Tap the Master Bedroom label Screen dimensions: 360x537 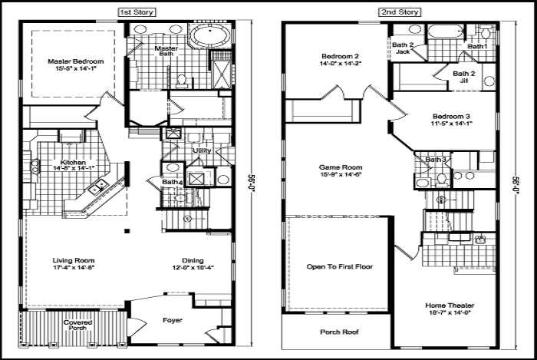coord(75,61)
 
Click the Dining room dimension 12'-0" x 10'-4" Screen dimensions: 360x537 coord(193,267)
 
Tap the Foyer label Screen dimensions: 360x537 coord(173,319)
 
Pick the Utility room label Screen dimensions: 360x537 coord(202,150)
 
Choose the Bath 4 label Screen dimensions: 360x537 coord(173,182)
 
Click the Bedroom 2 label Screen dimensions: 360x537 coord(341,57)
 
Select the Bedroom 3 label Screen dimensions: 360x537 coord(451,117)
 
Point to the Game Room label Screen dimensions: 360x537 coord(341,167)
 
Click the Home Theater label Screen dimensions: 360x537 coord(451,306)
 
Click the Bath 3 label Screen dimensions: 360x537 coord(436,159)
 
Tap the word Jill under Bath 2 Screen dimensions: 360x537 coord(463,81)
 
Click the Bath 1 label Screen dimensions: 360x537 coord(477,47)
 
